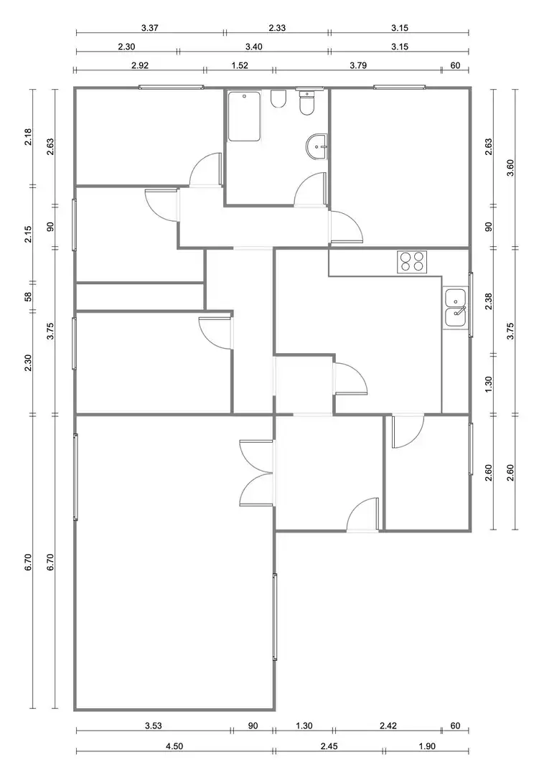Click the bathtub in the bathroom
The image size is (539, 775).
(244, 117)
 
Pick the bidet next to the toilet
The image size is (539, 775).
(278, 99)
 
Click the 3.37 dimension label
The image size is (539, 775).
(149, 28)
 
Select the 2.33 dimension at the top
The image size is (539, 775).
(277, 28)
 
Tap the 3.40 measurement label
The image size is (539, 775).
(253, 47)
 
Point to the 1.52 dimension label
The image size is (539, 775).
(239, 65)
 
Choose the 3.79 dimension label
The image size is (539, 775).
(358, 65)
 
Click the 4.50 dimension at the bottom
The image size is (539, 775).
(174, 746)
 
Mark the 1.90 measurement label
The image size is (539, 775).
(427, 746)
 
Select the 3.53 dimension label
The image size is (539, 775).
(154, 725)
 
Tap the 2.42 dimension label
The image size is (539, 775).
(388, 725)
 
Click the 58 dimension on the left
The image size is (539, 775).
(28, 296)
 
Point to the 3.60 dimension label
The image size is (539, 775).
(511, 167)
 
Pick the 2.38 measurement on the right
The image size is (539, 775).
(489, 301)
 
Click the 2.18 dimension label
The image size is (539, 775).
(28, 137)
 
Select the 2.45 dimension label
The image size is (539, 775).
(329, 746)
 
